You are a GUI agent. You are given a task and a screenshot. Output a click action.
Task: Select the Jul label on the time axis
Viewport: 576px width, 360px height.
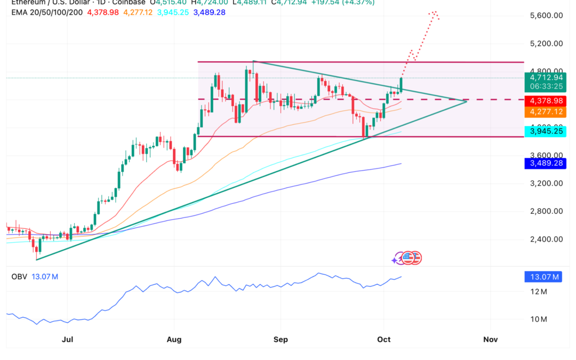[x=67, y=339]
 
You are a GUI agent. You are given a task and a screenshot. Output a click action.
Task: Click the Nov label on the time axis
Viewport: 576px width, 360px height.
[x=490, y=339]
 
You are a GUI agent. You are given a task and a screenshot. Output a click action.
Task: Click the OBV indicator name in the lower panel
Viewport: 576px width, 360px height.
[x=19, y=277]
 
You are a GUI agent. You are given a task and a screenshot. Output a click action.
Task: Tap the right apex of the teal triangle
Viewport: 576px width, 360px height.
[x=467, y=101]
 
